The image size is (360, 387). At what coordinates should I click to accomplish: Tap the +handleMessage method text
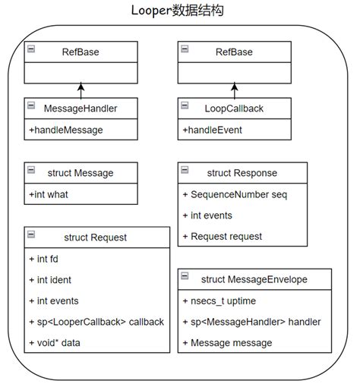point(66,130)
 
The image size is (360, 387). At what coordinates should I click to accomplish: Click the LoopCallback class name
point(235,109)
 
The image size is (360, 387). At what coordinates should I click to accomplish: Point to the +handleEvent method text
point(212,130)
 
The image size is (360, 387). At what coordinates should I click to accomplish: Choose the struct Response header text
point(242,172)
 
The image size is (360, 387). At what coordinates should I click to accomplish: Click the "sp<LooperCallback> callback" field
point(100,322)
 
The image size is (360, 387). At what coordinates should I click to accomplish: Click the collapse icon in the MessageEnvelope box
point(186,279)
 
